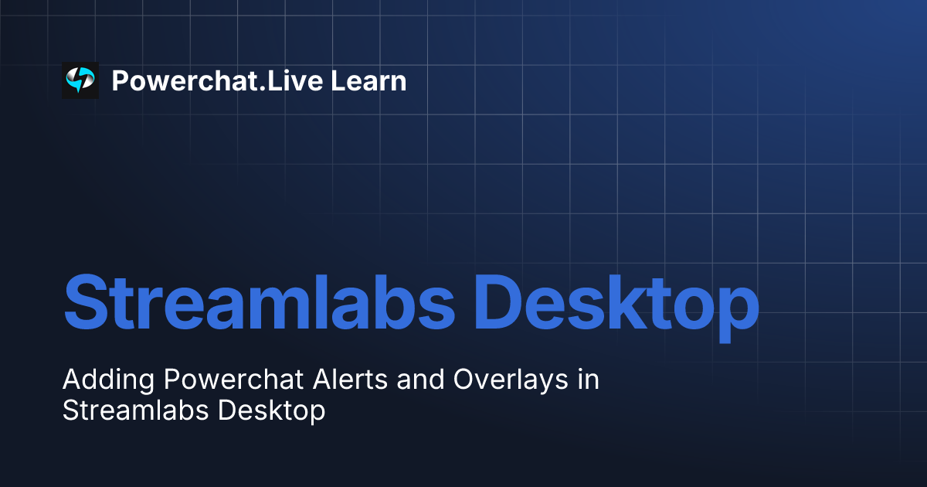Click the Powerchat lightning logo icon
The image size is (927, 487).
click(80, 80)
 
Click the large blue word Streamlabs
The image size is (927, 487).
click(259, 301)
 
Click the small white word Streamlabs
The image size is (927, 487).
click(134, 410)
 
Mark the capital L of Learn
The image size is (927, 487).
click(339, 80)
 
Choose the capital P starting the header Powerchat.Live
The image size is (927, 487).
click(120, 80)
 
